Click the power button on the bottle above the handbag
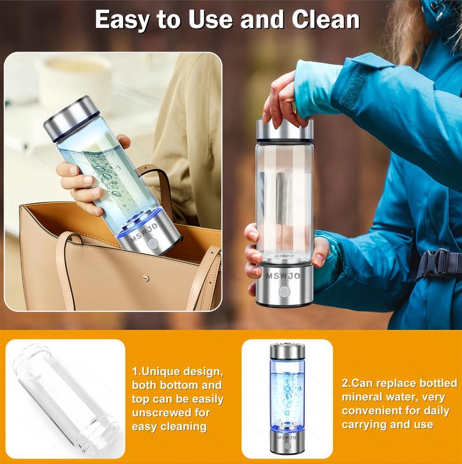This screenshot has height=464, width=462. click(151, 244)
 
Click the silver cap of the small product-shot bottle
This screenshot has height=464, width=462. click(287, 352)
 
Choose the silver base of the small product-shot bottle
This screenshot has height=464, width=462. click(287, 443)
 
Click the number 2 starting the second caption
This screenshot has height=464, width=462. click(345, 383)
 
